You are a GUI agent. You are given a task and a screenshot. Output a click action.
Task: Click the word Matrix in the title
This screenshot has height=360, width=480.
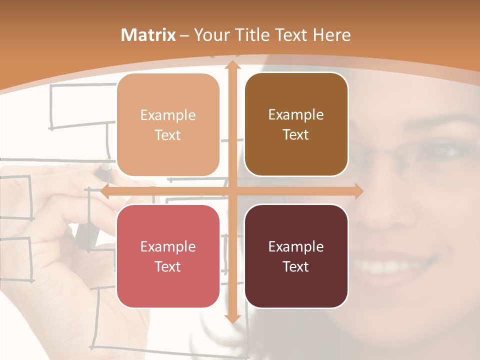[x=148, y=35]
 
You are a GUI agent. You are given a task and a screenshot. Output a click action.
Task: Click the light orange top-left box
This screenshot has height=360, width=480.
[x=168, y=125]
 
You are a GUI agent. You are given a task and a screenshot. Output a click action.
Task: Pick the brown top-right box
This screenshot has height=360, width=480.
[x=296, y=124]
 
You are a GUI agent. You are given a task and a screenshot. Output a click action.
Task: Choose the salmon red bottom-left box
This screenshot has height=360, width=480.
[x=168, y=256]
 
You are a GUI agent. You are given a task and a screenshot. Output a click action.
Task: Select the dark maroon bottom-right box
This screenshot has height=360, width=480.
[x=296, y=256]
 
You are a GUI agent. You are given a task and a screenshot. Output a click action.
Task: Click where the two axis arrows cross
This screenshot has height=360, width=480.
[x=232, y=191]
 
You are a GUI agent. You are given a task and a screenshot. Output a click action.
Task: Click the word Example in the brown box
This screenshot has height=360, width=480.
[x=296, y=114]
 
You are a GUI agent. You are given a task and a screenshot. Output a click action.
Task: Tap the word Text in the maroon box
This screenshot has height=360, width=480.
[x=296, y=266]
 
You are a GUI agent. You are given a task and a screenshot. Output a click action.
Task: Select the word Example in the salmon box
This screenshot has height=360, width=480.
[x=168, y=246]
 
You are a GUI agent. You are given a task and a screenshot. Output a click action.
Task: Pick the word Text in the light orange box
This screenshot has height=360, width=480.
[x=168, y=135]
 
